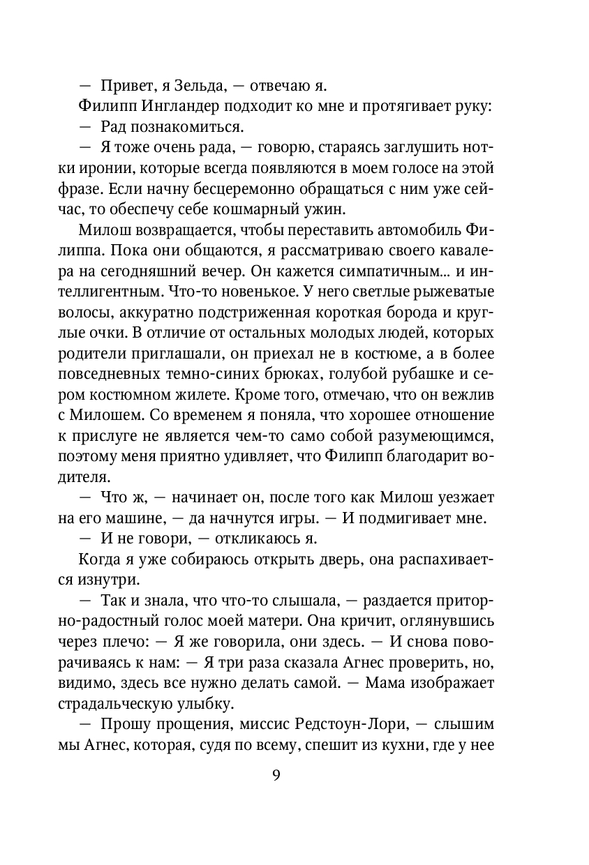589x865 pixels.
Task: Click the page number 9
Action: tap(276, 776)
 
